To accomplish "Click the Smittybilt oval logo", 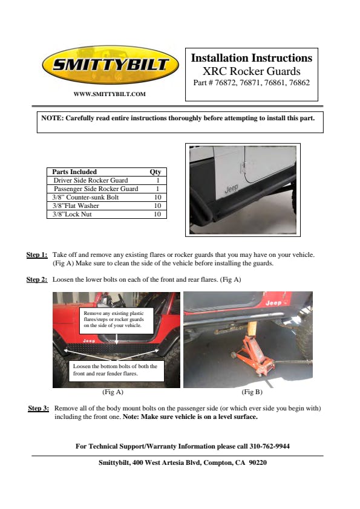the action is click(111, 65).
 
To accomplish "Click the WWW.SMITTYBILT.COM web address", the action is click(110, 94).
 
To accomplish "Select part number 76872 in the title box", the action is click(226, 83).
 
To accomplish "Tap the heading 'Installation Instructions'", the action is click(252, 58).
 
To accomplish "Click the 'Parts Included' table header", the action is click(74, 172).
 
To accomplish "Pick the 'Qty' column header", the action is click(155, 172).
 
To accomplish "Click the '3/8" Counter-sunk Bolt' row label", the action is click(85, 197).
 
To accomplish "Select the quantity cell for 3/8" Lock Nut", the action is click(157, 214).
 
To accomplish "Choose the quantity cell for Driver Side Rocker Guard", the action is click(158, 180).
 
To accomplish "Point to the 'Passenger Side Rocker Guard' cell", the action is click(96, 189).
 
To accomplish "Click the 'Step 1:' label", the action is click(37, 255).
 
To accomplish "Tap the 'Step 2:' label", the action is click(37, 279).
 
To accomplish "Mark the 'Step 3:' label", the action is click(38, 409).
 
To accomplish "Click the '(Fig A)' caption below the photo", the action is click(113, 392).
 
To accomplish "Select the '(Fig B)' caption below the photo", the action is click(252, 392).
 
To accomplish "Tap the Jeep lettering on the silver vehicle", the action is click(231, 189).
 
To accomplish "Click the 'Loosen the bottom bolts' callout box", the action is click(116, 371).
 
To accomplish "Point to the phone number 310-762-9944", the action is click(270, 446).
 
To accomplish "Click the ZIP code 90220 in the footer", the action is click(258, 462).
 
